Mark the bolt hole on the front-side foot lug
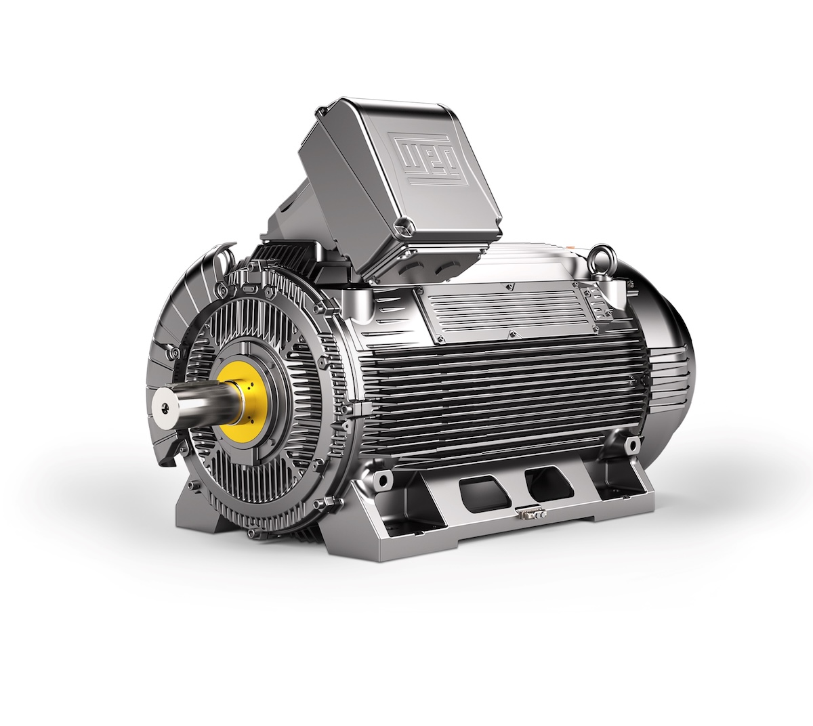[383, 479]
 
